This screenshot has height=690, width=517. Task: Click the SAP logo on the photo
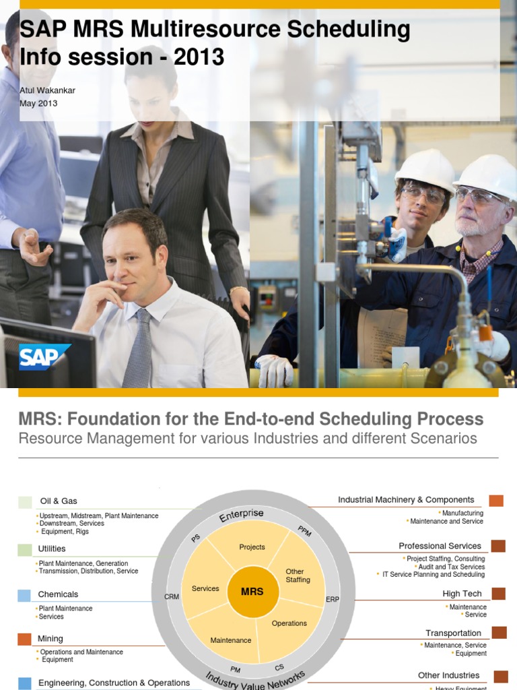pos(44,357)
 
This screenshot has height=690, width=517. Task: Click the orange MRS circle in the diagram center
pos(252,592)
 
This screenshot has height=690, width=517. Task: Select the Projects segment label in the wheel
pos(252,547)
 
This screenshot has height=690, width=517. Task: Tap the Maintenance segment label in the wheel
pos(231,640)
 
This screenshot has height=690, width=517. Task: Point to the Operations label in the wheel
pos(289,623)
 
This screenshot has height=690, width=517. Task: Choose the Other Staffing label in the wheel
pos(298,575)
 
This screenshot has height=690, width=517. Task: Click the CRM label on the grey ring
pos(172,596)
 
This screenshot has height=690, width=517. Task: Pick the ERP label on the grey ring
pos(333,599)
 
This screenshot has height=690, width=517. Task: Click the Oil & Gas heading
pos(59,501)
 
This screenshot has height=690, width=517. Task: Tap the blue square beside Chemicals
pos(24,595)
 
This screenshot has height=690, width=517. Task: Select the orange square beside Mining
pos(24,639)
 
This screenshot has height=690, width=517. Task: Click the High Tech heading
pos(462,594)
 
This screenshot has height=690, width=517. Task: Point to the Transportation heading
pos(453,633)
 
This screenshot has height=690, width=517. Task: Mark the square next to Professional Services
pos(498,546)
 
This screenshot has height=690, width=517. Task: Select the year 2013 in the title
pos(199,57)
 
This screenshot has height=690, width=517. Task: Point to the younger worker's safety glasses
pos(423,195)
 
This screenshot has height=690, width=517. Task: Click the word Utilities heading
pos(52,548)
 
